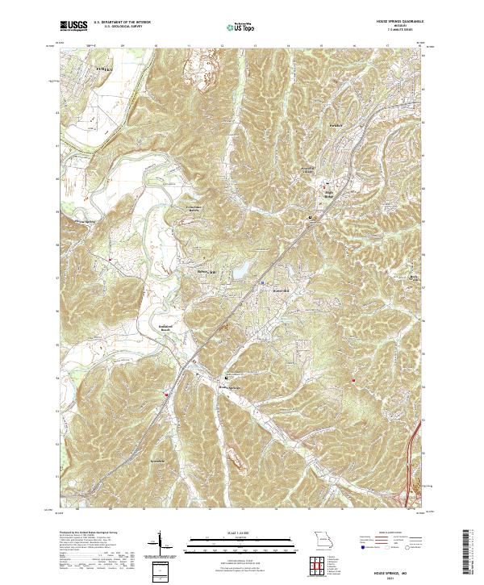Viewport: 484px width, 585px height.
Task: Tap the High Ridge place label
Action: coord(328,193)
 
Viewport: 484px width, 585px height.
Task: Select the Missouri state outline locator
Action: coord(323,538)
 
